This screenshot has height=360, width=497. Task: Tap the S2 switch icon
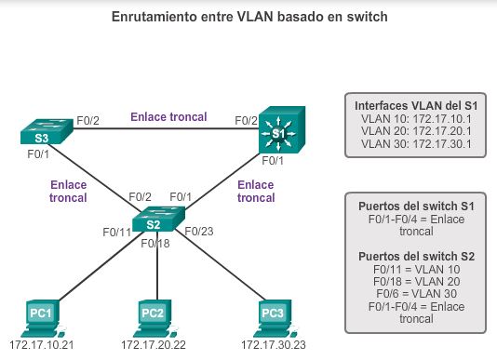point(154,220)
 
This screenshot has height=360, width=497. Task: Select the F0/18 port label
point(154,243)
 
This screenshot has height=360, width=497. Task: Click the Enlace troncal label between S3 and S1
point(168,117)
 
